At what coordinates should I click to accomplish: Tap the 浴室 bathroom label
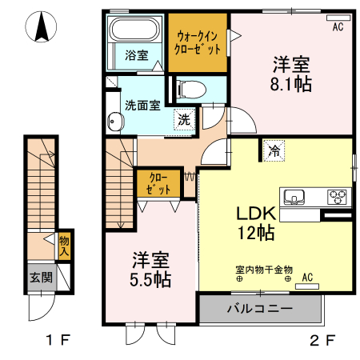[x=136, y=55]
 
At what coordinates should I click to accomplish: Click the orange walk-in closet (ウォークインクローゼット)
[x=197, y=42]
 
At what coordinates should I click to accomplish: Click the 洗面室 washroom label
[x=142, y=104]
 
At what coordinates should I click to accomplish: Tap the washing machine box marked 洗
[x=184, y=120]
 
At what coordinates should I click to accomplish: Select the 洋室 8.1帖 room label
[x=292, y=74]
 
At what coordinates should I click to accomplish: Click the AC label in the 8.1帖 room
[x=338, y=27]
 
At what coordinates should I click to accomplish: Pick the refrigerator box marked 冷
[x=274, y=149]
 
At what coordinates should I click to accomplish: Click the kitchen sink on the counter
[x=293, y=197]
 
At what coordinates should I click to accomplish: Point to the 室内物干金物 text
[x=264, y=270]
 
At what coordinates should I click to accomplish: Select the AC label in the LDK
[x=307, y=278]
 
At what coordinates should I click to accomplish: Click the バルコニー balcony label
[x=259, y=308]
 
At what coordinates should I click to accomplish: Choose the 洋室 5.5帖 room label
[x=150, y=270]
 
